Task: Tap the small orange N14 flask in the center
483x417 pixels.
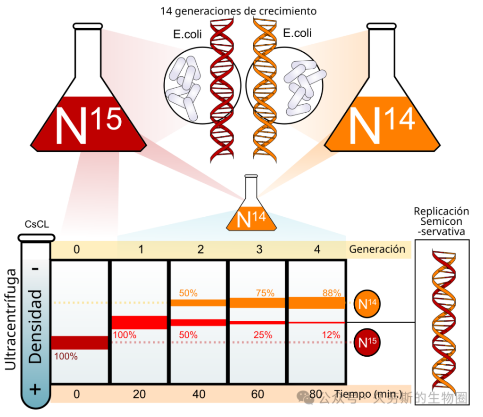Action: click(x=251, y=212)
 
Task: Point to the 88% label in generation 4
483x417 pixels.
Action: click(x=331, y=293)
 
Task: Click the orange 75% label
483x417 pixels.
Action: click(x=264, y=293)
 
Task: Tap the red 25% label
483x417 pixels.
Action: click(x=262, y=335)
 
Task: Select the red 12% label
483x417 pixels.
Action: click(x=331, y=335)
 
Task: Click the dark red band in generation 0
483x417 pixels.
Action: click(x=80, y=343)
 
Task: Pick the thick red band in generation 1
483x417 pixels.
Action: click(x=139, y=322)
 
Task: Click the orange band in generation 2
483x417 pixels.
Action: click(x=199, y=303)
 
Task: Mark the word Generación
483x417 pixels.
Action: click(x=377, y=249)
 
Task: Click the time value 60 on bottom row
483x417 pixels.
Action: click(x=258, y=394)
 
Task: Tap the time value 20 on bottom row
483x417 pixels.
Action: click(x=139, y=394)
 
